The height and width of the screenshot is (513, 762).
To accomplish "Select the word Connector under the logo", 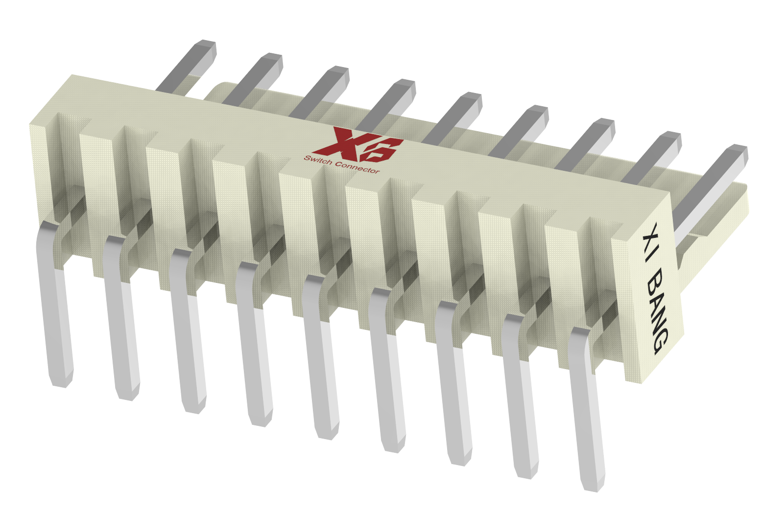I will pyautogui.click(x=357, y=167).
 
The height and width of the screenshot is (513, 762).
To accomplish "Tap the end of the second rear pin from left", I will pyautogui.click(x=272, y=58).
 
